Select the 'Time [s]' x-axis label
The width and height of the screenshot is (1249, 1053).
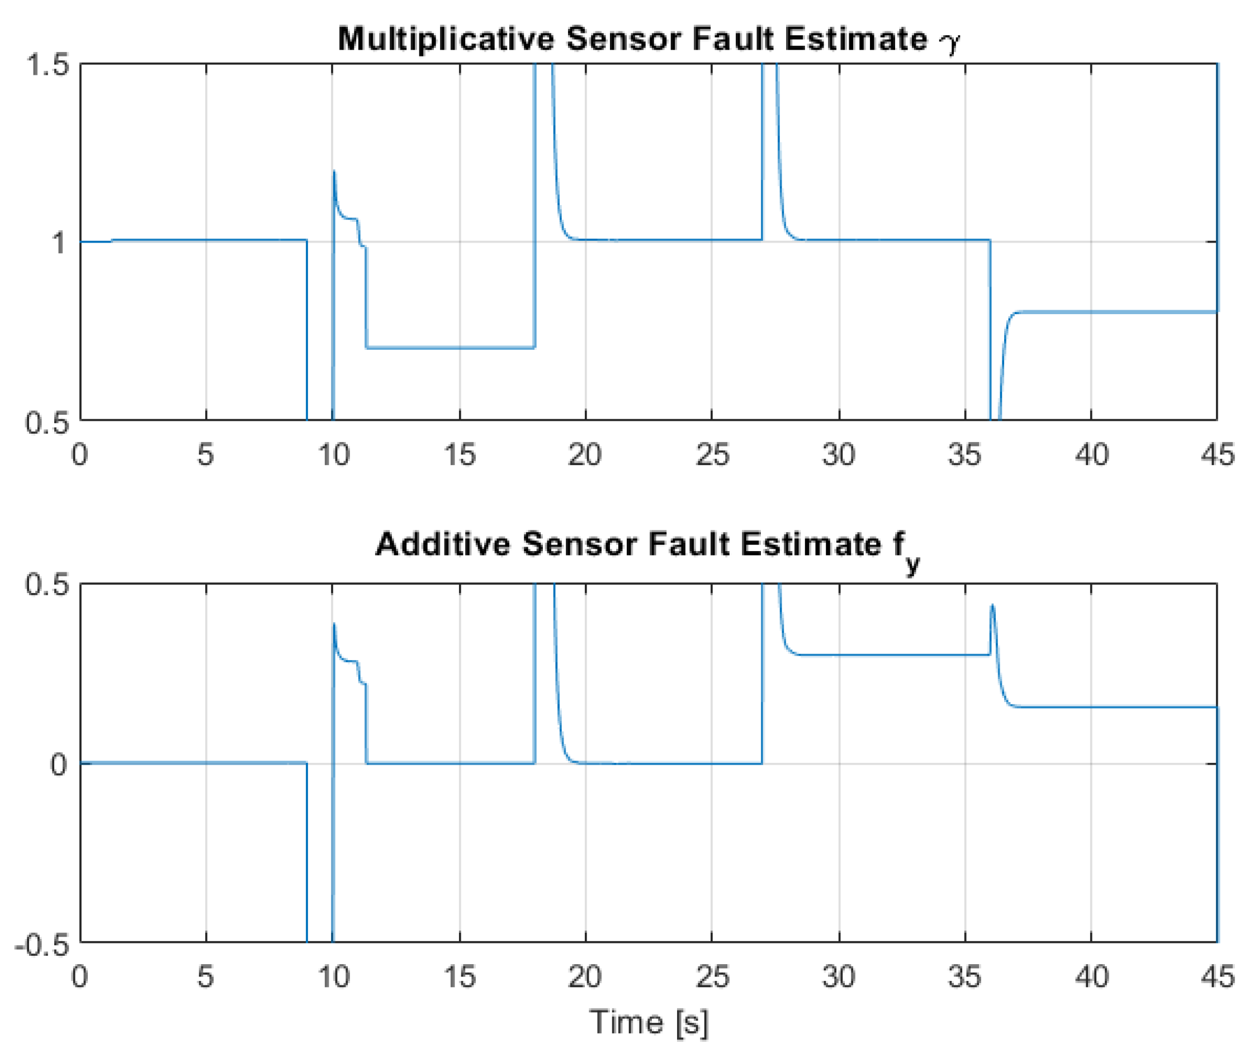(649, 1021)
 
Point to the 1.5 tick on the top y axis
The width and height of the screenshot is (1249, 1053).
(46, 64)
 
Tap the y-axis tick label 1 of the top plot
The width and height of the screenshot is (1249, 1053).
(58, 243)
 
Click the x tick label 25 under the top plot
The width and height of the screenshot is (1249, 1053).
(712, 455)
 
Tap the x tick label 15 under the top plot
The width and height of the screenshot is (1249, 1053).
(460, 455)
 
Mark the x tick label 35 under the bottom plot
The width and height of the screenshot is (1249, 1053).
(965, 977)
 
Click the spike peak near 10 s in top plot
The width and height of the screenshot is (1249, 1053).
(334, 172)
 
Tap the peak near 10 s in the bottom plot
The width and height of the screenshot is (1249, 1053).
(334, 624)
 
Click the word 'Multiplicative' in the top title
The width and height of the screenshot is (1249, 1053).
(446, 39)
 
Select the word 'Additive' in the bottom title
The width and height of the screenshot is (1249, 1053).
(442, 545)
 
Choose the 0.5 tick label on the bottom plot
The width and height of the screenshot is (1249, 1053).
(46, 585)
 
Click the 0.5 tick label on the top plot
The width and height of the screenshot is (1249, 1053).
(46, 422)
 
